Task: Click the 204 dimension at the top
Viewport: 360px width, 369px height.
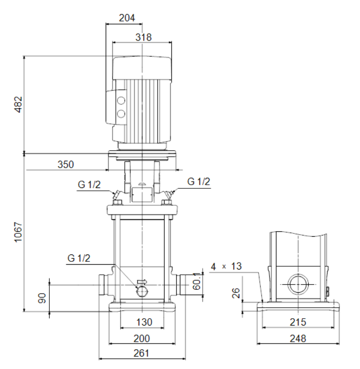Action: point(127,18)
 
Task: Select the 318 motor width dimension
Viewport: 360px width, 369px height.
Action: point(144,37)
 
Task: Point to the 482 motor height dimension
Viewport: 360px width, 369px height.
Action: point(18,104)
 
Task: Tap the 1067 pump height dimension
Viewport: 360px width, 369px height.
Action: point(18,232)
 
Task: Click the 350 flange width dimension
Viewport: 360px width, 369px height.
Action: point(66,164)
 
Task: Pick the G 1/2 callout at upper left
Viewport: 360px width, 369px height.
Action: point(89,184)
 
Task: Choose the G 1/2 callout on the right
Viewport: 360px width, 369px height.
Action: point(199,181)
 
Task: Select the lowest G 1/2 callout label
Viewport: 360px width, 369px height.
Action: point(79,258)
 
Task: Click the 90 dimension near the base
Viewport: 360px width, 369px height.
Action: point(42,298)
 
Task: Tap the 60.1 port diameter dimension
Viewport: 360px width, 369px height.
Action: point(197,281)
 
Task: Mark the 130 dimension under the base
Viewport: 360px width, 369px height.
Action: point(144,322)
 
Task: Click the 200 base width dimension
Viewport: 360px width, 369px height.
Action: point(142,339)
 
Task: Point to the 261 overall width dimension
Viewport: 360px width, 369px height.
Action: point(141,353)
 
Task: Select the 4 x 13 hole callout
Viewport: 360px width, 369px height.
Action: point(226,266)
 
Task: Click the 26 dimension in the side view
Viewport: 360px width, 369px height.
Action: point(236,293)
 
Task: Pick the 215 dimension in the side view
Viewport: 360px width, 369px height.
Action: point(298,322)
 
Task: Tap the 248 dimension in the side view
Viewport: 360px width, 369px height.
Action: point(298,339)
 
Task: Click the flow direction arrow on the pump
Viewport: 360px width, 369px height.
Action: point(142,282)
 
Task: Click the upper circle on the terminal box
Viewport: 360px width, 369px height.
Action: point(121,101)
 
